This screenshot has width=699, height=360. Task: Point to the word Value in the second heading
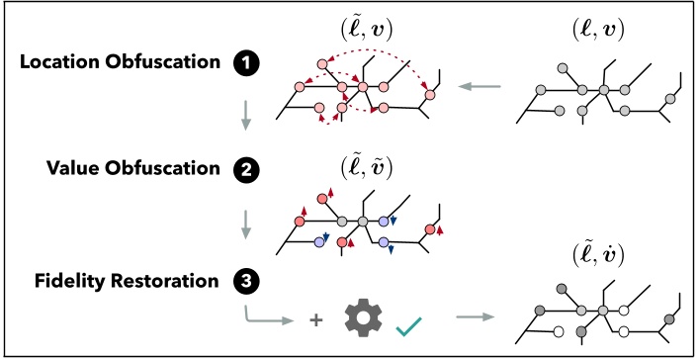pyautogui.click(x=72, y=167)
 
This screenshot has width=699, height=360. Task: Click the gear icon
pyautogui.click(x=364, y=319)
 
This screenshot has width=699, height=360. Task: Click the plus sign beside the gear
pyautogui.click(x=316, y=320)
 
